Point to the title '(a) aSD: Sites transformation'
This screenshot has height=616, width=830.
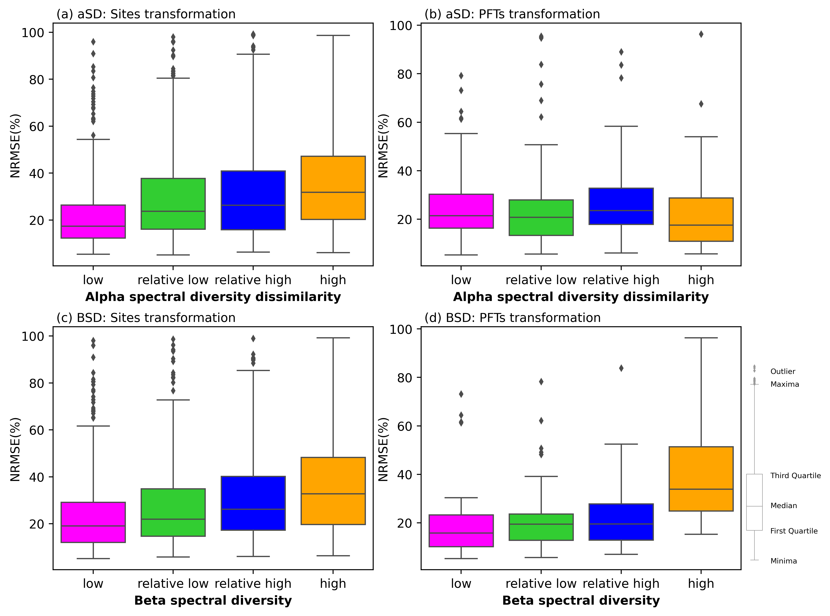(x=146, y=14)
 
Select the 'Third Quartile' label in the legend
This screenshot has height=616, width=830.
(x=795, y=475)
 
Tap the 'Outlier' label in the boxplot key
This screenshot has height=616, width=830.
(x=783, y=371)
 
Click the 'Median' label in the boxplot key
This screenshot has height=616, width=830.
(x=783, y=506)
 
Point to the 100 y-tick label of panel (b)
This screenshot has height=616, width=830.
(x=401, y=26)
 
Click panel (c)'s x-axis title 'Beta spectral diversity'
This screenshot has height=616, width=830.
(x=213, y=600)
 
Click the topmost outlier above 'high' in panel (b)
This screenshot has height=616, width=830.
(x=701, y=34)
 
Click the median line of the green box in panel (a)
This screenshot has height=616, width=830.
(x=173, y=211)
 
